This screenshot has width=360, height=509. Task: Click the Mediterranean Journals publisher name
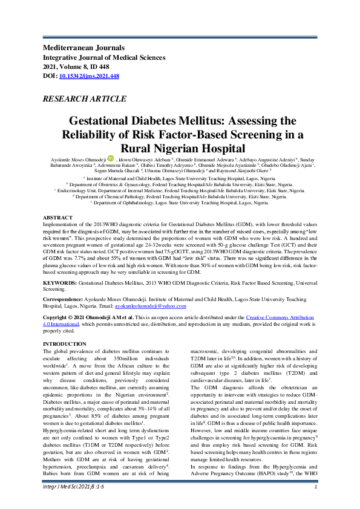click(82, 47)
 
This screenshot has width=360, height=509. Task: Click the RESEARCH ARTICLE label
click(80, 97)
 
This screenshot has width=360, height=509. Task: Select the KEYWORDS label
click(59, 282)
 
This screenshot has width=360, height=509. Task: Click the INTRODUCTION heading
click(64, 344)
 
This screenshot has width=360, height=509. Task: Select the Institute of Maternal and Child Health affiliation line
click(180, 179)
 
